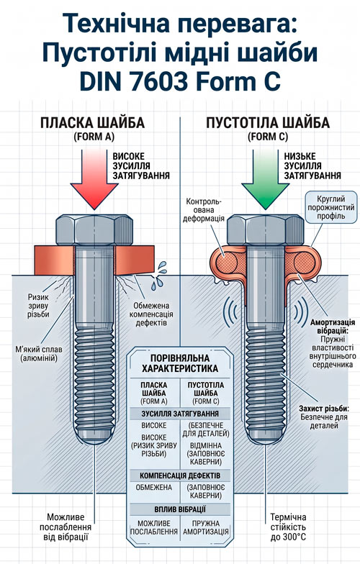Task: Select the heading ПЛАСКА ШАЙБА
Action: (92, 123)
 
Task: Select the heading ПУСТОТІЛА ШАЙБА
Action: (268, 123)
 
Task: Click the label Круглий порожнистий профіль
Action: (331, 207)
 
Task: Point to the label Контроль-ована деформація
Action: (204, 210)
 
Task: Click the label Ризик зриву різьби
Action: (39, 306)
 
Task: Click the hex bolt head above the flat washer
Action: (94, 230)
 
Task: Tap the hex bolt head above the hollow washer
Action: (265, 230)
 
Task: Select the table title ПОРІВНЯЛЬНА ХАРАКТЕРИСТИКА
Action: (180, 363)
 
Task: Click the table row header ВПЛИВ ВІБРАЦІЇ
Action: (180, 509)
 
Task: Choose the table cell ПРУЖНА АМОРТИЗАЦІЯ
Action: (206, 527)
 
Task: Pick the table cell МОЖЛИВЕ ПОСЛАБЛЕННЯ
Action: (154, 527)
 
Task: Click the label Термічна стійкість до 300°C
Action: (288, 527)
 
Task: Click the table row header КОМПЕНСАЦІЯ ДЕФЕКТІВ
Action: (180, 476)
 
